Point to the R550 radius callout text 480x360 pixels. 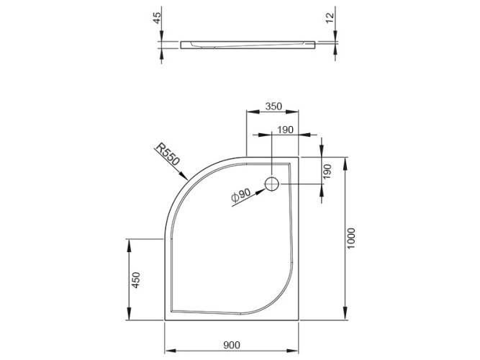(x=167, y=156)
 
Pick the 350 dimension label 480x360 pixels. (x=273, y=106)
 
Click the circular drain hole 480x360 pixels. (x=273, y=184)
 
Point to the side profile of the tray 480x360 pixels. (x=249, y=45)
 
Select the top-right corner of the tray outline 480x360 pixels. (x=300, y=156)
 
